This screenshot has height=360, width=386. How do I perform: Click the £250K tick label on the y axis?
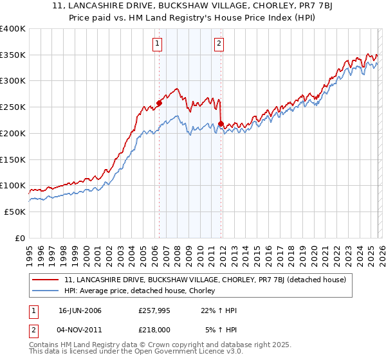coord(13,107)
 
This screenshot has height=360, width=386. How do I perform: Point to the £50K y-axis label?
coord(15,212)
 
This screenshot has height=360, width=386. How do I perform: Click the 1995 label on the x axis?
coord(30,251)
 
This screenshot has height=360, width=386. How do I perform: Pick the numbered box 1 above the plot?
coord(158,44)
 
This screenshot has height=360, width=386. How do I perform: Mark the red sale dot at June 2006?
coord(159,102)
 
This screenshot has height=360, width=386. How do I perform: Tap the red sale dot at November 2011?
coord(221,123)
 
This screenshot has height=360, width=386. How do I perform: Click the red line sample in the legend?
coord(46,280)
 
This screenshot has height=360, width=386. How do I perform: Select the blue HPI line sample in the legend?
coord(46,291)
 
